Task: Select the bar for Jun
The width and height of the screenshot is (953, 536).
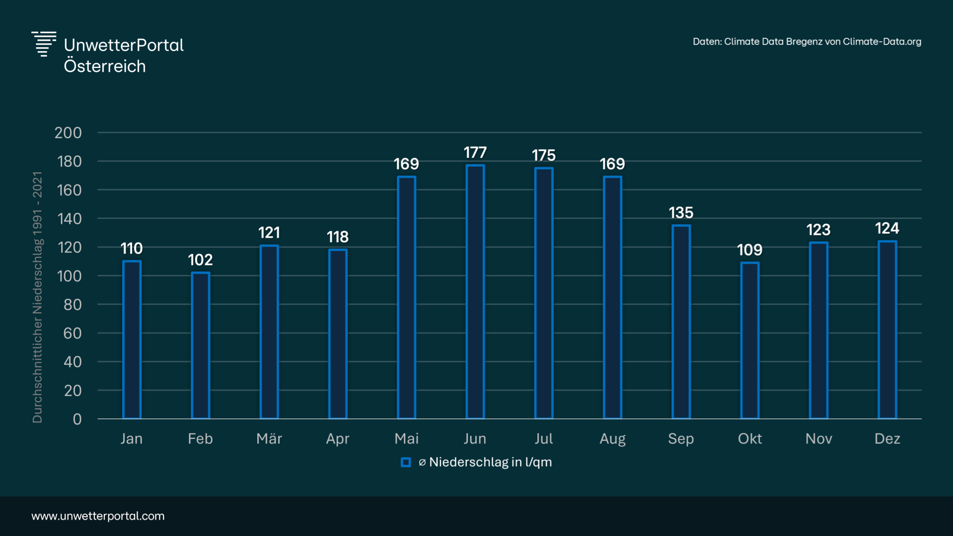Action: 475,292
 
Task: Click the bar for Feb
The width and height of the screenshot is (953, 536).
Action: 200,345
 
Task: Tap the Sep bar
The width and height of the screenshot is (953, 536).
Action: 681,322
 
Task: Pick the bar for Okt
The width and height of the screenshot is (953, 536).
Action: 749,340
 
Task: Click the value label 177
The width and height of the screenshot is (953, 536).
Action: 475,152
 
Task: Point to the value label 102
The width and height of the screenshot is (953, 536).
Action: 200,260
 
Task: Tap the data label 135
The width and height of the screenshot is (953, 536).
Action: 681,213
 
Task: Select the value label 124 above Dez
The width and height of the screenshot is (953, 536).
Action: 887,228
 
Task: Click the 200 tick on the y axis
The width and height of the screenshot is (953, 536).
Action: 68,133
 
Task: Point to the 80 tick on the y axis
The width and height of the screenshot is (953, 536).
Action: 73,305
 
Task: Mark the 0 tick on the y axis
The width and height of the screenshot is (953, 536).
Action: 77,419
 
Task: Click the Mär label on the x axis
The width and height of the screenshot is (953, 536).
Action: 269,439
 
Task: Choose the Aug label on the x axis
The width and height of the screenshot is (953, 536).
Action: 612,439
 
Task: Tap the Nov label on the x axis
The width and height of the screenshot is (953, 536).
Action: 818,439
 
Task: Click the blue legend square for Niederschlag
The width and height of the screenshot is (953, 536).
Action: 406,463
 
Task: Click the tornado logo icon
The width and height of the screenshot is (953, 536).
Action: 44,44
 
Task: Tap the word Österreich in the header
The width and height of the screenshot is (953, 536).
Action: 105,67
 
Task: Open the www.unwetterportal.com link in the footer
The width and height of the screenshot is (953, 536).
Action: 98,516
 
